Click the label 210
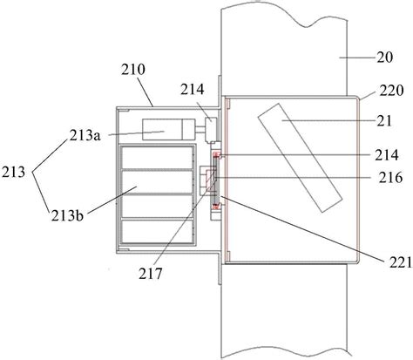point(132,70)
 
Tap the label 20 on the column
point(385,58)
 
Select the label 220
point(391,91)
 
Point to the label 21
point(384,120)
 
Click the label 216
point(390,177)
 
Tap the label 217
point(150,274)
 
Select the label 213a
point(85,135)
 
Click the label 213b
point(67,215)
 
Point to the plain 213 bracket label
point(13,173)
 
